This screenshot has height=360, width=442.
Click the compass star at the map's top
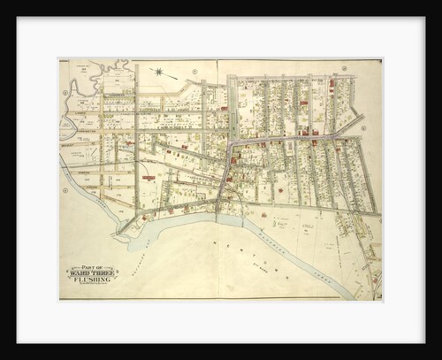click(158, 72)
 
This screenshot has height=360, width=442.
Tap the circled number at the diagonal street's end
click(65, 190)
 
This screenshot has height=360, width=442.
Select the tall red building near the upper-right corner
click(331, 88)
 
